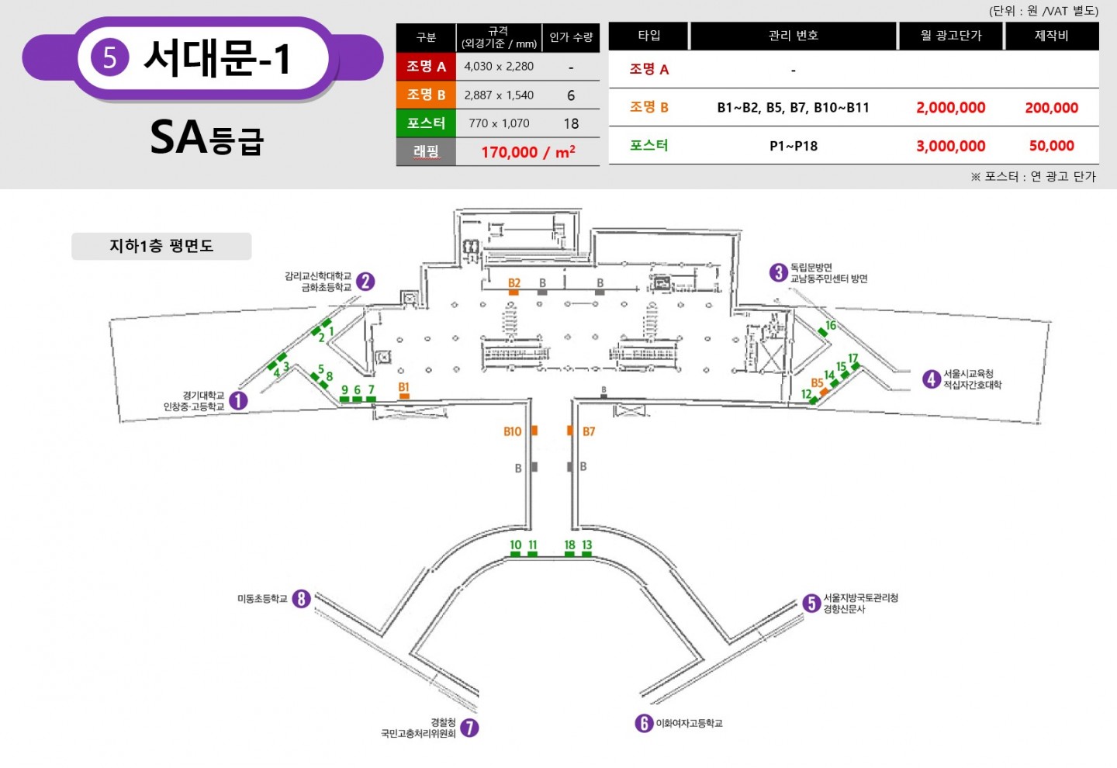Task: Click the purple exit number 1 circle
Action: click(238, 400)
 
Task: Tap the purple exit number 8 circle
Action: click(301, 598)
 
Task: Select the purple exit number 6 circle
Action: click(644, 723)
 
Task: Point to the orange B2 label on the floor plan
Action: click(514, 282)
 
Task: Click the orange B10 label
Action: click(512, 431)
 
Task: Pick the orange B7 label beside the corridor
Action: click(589, 431)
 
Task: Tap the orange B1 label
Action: click(404, 387)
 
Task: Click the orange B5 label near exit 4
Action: click(817, 383)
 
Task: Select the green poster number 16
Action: click(831, 325)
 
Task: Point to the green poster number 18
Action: click(569, 545)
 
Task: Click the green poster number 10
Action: click(516, 545)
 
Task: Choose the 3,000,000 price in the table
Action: click(950, 146)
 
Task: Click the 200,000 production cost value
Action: click(1052, 108)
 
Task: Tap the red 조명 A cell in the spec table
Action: click(426, 67)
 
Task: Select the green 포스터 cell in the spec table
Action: click(426, 123)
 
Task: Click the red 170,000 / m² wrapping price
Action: click(528, 152)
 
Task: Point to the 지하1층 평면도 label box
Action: click(161, 246)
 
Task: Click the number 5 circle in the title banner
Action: click(109, 58)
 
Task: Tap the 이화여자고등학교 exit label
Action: click(689, 723)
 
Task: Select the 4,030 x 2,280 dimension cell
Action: click(499, 67)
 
